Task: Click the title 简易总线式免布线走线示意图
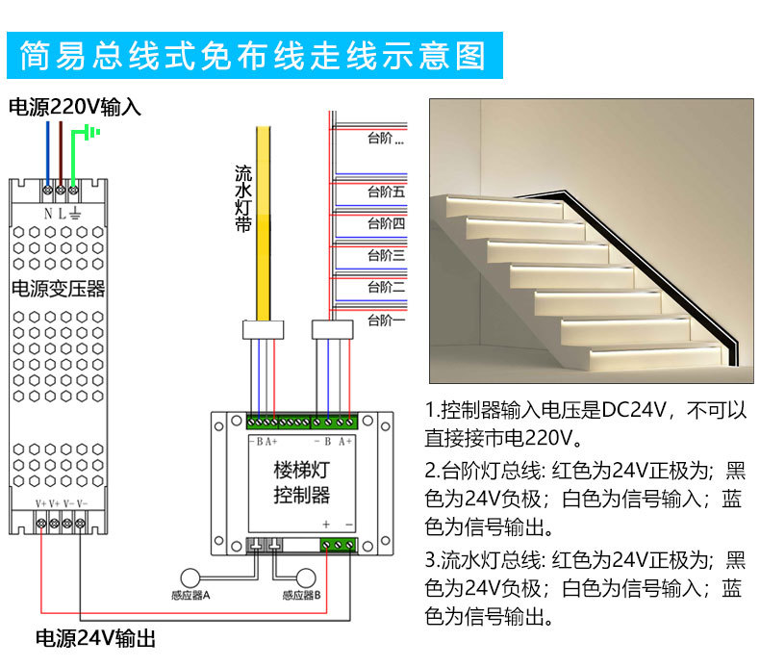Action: pyautogui.click(x=255, y=56)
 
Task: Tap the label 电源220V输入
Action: pyautogui.click(x=75, y=107)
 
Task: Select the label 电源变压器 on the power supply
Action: pyautogui.click(x=58, y=288)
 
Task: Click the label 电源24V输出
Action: pyautogui.click(x=95, y=638)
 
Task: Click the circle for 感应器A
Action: pyautogui.click(x=192, y=577)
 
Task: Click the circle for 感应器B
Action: pyautogui.click(x=306, y=577)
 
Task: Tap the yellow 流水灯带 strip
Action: pyautogui.click(x=263, y=221)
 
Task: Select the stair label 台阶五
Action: pyautogui.click(x=386, y=192)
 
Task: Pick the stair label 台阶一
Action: pyautogui.click(x=386, y=320)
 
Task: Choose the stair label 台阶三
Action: pyautogui.click(x=386, y=256)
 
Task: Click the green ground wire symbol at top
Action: pyautogui.click(x=90, y=132)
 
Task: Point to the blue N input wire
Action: pyautogui.click(x=46, y=144)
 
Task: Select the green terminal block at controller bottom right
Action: pyautogui.click(x=339, y=545)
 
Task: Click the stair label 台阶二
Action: pyautogui.click(x=386, y=288)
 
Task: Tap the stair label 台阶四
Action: pyautogui.click(x=386, y=224)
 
